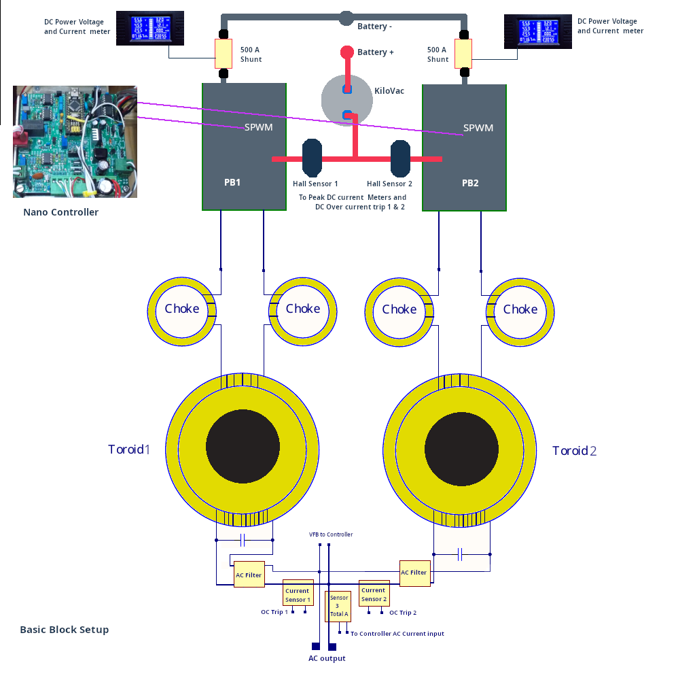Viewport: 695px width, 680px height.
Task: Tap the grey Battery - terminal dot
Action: pos(346,18)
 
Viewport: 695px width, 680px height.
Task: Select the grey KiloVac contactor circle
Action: pos(347,101)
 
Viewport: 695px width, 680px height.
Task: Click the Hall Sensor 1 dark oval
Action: pos(312,158)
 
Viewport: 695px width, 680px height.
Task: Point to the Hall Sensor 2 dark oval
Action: pos(400,158)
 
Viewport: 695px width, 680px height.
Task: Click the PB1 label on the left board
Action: pos(232,183)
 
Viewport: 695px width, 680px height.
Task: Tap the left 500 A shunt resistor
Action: pos(224,54)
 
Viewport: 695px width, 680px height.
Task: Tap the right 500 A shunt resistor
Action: pos(463,54)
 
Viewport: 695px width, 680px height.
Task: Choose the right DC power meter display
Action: pos(537,31)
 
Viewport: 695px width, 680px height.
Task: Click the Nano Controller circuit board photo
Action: pos(75,141)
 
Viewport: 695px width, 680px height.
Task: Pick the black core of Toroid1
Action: pos(243,447)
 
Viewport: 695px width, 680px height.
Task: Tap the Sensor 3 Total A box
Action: pos(338,605)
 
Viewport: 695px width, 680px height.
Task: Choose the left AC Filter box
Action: pos(249,575)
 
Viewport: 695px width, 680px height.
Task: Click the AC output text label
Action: pos(327,658)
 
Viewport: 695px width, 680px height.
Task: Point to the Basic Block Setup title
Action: pos(65,630)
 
